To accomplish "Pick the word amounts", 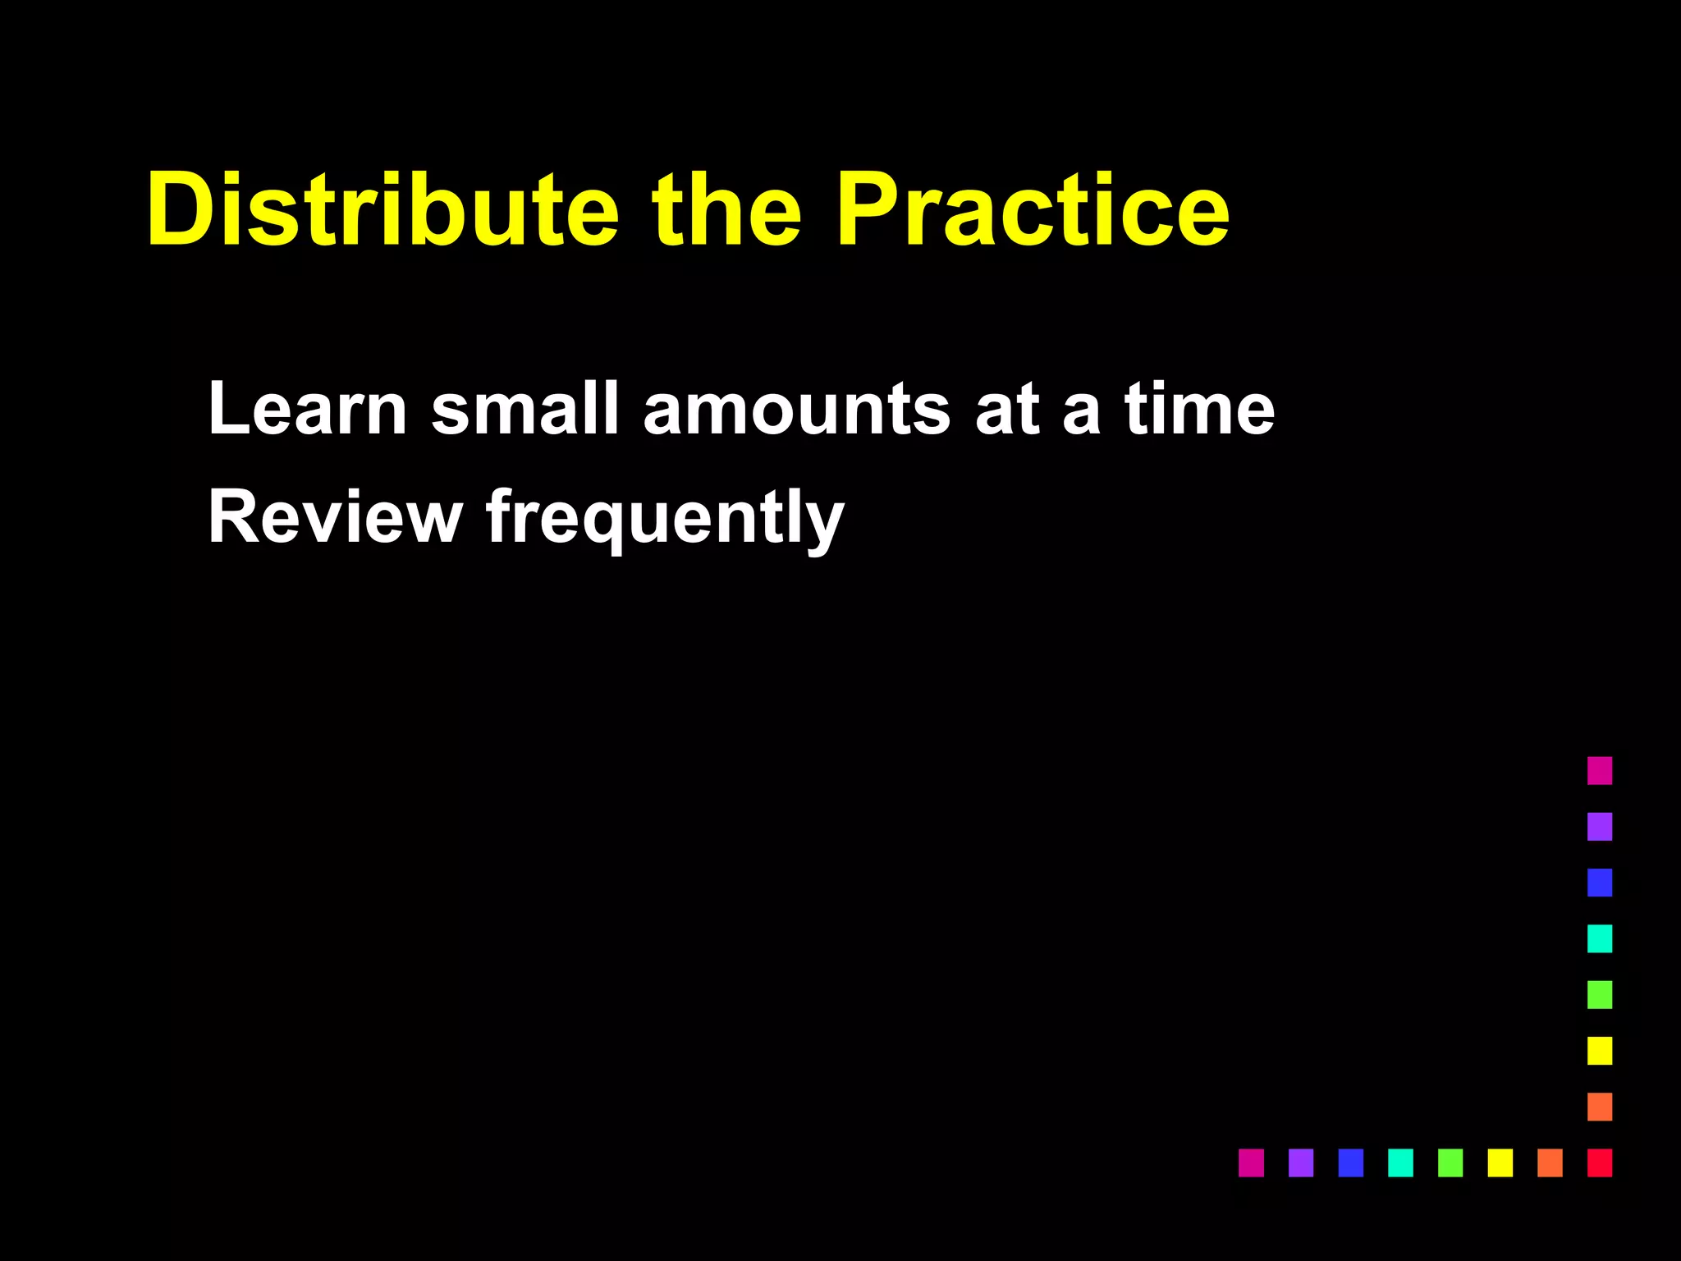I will pos(796,410).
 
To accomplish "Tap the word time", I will pos(1199,408).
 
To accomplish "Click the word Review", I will pos(335,517).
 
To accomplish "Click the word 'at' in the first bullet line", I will pos(1007,410).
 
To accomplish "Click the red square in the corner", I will pos(1599,1162).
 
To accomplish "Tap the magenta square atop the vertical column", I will pos(1599,770).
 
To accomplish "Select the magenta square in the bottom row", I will pos(1251,1162).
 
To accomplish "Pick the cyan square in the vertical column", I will pos(1599,938).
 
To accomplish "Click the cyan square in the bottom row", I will pos(1400,1162).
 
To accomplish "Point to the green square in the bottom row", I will pos(1450,1162).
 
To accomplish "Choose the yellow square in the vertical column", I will pos(1599,1050).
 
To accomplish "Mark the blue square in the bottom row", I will pos(1350,1162).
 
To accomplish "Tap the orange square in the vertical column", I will pos(1599,1107).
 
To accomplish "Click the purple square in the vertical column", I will pos(1599,826).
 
